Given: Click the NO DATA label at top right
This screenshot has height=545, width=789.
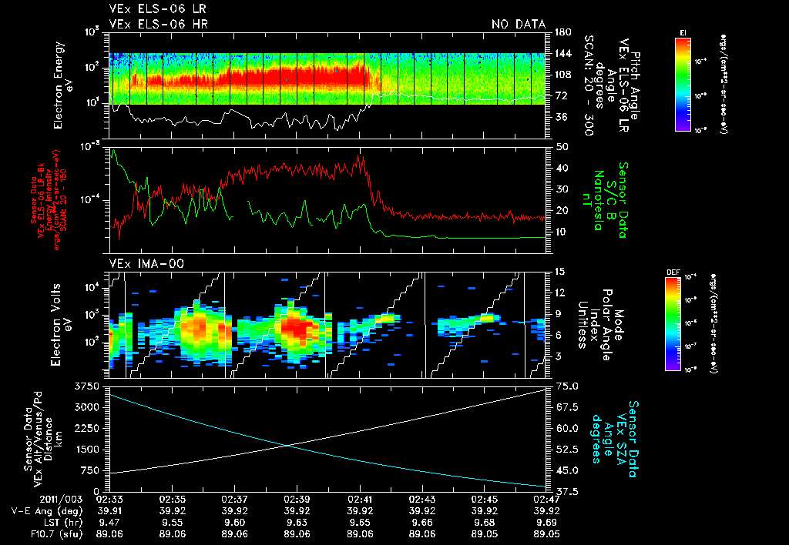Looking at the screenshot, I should (x=519, y=25).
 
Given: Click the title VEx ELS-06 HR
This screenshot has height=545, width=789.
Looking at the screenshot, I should (x=159, y=25).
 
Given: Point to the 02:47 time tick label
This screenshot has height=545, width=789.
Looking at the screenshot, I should (x=546, y=499).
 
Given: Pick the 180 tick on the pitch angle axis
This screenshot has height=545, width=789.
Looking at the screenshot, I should (x=561, y=32).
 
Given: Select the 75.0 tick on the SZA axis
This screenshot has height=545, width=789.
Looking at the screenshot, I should (x=568, y=386).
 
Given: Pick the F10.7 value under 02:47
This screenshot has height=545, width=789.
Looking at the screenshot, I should (x=546, y=532).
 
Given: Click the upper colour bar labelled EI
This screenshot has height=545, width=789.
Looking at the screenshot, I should (x=683, y=83).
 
